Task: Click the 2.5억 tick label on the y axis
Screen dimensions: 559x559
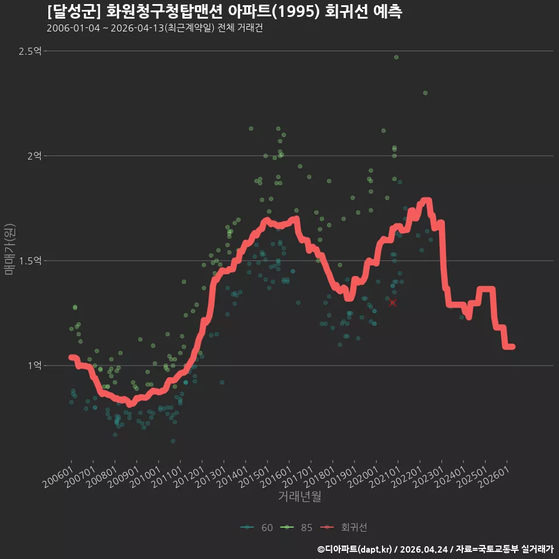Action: point(30,51)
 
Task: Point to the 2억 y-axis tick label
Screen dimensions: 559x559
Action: point(34,156)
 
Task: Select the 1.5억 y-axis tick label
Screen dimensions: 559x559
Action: point(30,261)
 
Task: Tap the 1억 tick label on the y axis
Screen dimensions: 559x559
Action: point(34,366)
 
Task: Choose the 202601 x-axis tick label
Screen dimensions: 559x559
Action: point(494,477)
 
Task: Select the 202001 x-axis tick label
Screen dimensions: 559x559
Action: point(363,477)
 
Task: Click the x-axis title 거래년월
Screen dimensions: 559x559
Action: point(299,496)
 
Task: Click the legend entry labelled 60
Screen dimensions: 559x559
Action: point(257,528)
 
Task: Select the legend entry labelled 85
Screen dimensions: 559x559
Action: point(296,528)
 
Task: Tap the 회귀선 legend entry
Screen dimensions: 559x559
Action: point(344,528)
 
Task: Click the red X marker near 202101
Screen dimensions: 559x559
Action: point(392,303)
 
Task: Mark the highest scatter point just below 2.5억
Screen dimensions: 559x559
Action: point(396,58)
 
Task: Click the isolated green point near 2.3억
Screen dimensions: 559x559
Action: point(425,93)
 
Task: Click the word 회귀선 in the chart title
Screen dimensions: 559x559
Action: point(346,12)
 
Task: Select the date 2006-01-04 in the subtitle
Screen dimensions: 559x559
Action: point(73,28)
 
